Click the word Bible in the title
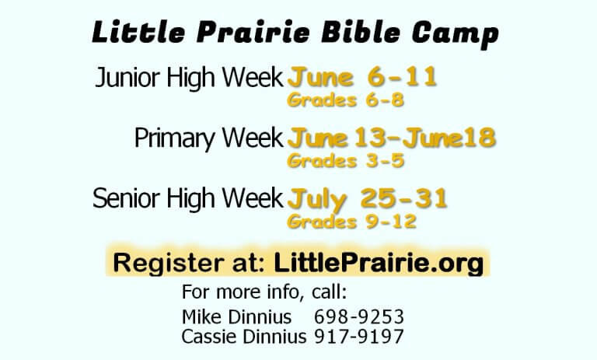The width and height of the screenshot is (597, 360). pos(361,32)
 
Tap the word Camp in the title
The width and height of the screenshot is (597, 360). pos(456,34)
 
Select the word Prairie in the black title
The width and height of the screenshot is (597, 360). pos(253,33)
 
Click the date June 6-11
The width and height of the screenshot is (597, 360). pos(361,77)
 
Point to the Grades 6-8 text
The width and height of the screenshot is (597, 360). pos(345,100)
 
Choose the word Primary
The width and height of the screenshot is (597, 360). pos(175,138)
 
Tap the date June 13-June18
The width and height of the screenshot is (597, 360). pos(392,138)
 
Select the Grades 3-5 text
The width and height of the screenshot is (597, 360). pos(345,161)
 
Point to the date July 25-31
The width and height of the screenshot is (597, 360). pos(367,199)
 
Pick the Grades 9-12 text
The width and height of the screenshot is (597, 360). pos(351,222)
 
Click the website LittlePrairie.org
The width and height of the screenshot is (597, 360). pos(379,264)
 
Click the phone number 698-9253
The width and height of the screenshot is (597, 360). pos(358,317)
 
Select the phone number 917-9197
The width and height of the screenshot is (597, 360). pos(358,337)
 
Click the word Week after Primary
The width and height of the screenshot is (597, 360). pos(253,138)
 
